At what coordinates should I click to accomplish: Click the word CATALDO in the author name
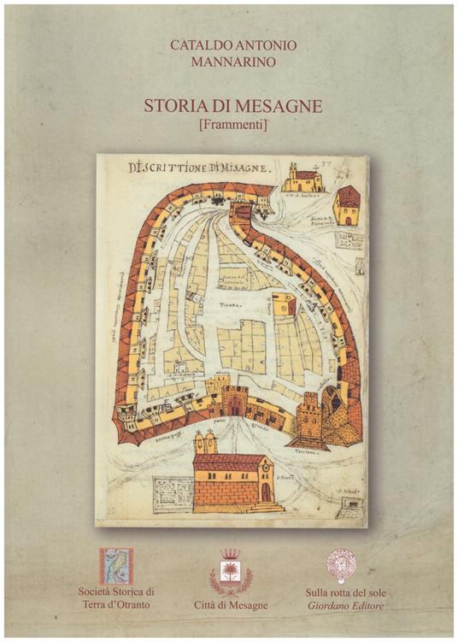click(195, 44)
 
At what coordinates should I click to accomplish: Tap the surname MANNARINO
click(226, 62)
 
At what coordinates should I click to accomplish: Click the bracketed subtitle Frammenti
click(227, 126)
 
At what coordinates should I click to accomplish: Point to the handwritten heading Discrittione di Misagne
click(199, 167)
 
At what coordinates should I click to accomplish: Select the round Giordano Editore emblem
click(341, 565)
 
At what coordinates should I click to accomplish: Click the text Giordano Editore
click(342, 605)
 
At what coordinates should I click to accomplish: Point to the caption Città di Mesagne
click(229, 605)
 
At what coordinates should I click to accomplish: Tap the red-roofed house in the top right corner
click(346, 205)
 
